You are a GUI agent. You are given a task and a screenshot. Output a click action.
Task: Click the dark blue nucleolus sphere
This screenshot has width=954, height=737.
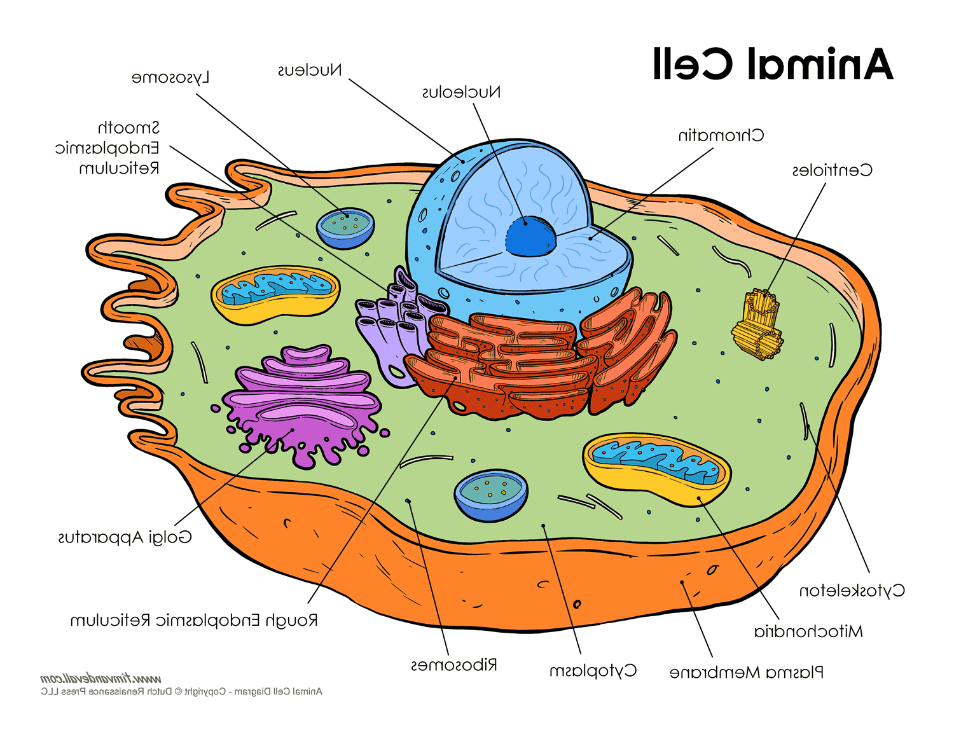coord(530,236)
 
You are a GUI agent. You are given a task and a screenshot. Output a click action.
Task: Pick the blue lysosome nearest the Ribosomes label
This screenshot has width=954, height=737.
coord(490,495)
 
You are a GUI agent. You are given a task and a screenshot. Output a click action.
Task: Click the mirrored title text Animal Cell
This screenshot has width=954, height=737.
coord(773,64)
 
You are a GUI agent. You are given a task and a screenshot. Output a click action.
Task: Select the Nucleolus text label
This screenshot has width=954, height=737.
coord(461,93)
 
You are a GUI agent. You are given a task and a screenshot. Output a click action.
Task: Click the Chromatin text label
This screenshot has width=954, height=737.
coord(721,135)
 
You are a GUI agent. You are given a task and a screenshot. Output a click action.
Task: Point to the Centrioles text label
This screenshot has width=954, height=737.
coord(832,170)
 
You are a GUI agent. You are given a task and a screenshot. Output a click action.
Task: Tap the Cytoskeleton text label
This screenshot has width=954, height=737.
coord(852,591)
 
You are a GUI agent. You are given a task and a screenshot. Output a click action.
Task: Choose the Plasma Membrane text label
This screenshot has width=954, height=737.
coord(746,672)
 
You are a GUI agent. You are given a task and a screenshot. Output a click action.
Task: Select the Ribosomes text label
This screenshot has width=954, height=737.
coord(453,666)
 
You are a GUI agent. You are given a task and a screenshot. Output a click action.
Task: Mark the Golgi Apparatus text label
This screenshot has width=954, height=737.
coord(125,538)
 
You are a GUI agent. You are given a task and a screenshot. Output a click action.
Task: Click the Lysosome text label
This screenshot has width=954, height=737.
coord(170,78)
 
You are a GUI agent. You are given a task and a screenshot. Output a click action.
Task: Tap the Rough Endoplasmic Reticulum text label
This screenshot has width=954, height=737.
coord(193,621)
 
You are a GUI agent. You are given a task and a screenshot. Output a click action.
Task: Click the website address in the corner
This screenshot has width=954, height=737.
coord(100,678)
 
